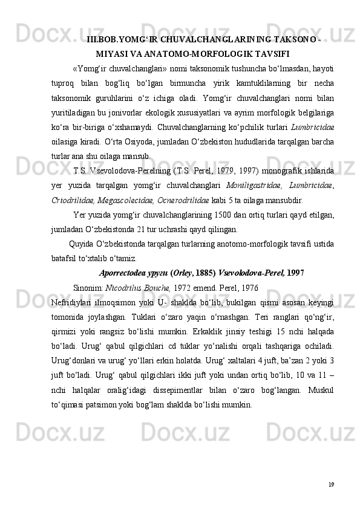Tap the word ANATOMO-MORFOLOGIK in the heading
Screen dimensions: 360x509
pyautogui.click(x=192, y=53)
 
